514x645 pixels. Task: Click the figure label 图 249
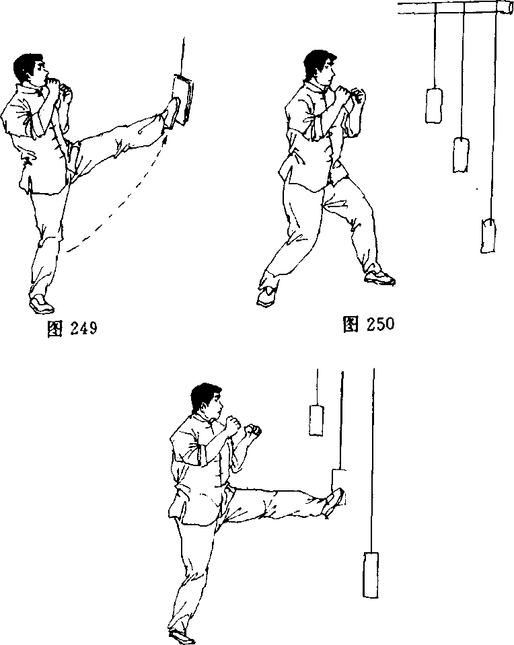click(x=73, y=328)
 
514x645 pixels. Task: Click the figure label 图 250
click(x=369, y=324)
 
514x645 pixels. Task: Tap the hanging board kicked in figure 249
click(x=184, y=99)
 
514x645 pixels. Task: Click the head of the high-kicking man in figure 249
click(x=30, y=69)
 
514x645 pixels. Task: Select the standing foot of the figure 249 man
click(x=41, y=304)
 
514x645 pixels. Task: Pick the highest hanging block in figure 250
click(x=434, y=106)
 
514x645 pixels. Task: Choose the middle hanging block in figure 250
click(x=461, y=155)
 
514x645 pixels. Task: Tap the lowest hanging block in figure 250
click(x=488, y=235)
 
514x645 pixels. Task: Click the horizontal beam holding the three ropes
click(x=455, y=7)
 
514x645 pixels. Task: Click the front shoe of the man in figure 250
click(x=379, y=277)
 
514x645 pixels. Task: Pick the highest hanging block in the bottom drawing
click(x=316, y=420)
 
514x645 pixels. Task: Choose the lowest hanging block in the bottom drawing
click(x=371, y=574)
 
